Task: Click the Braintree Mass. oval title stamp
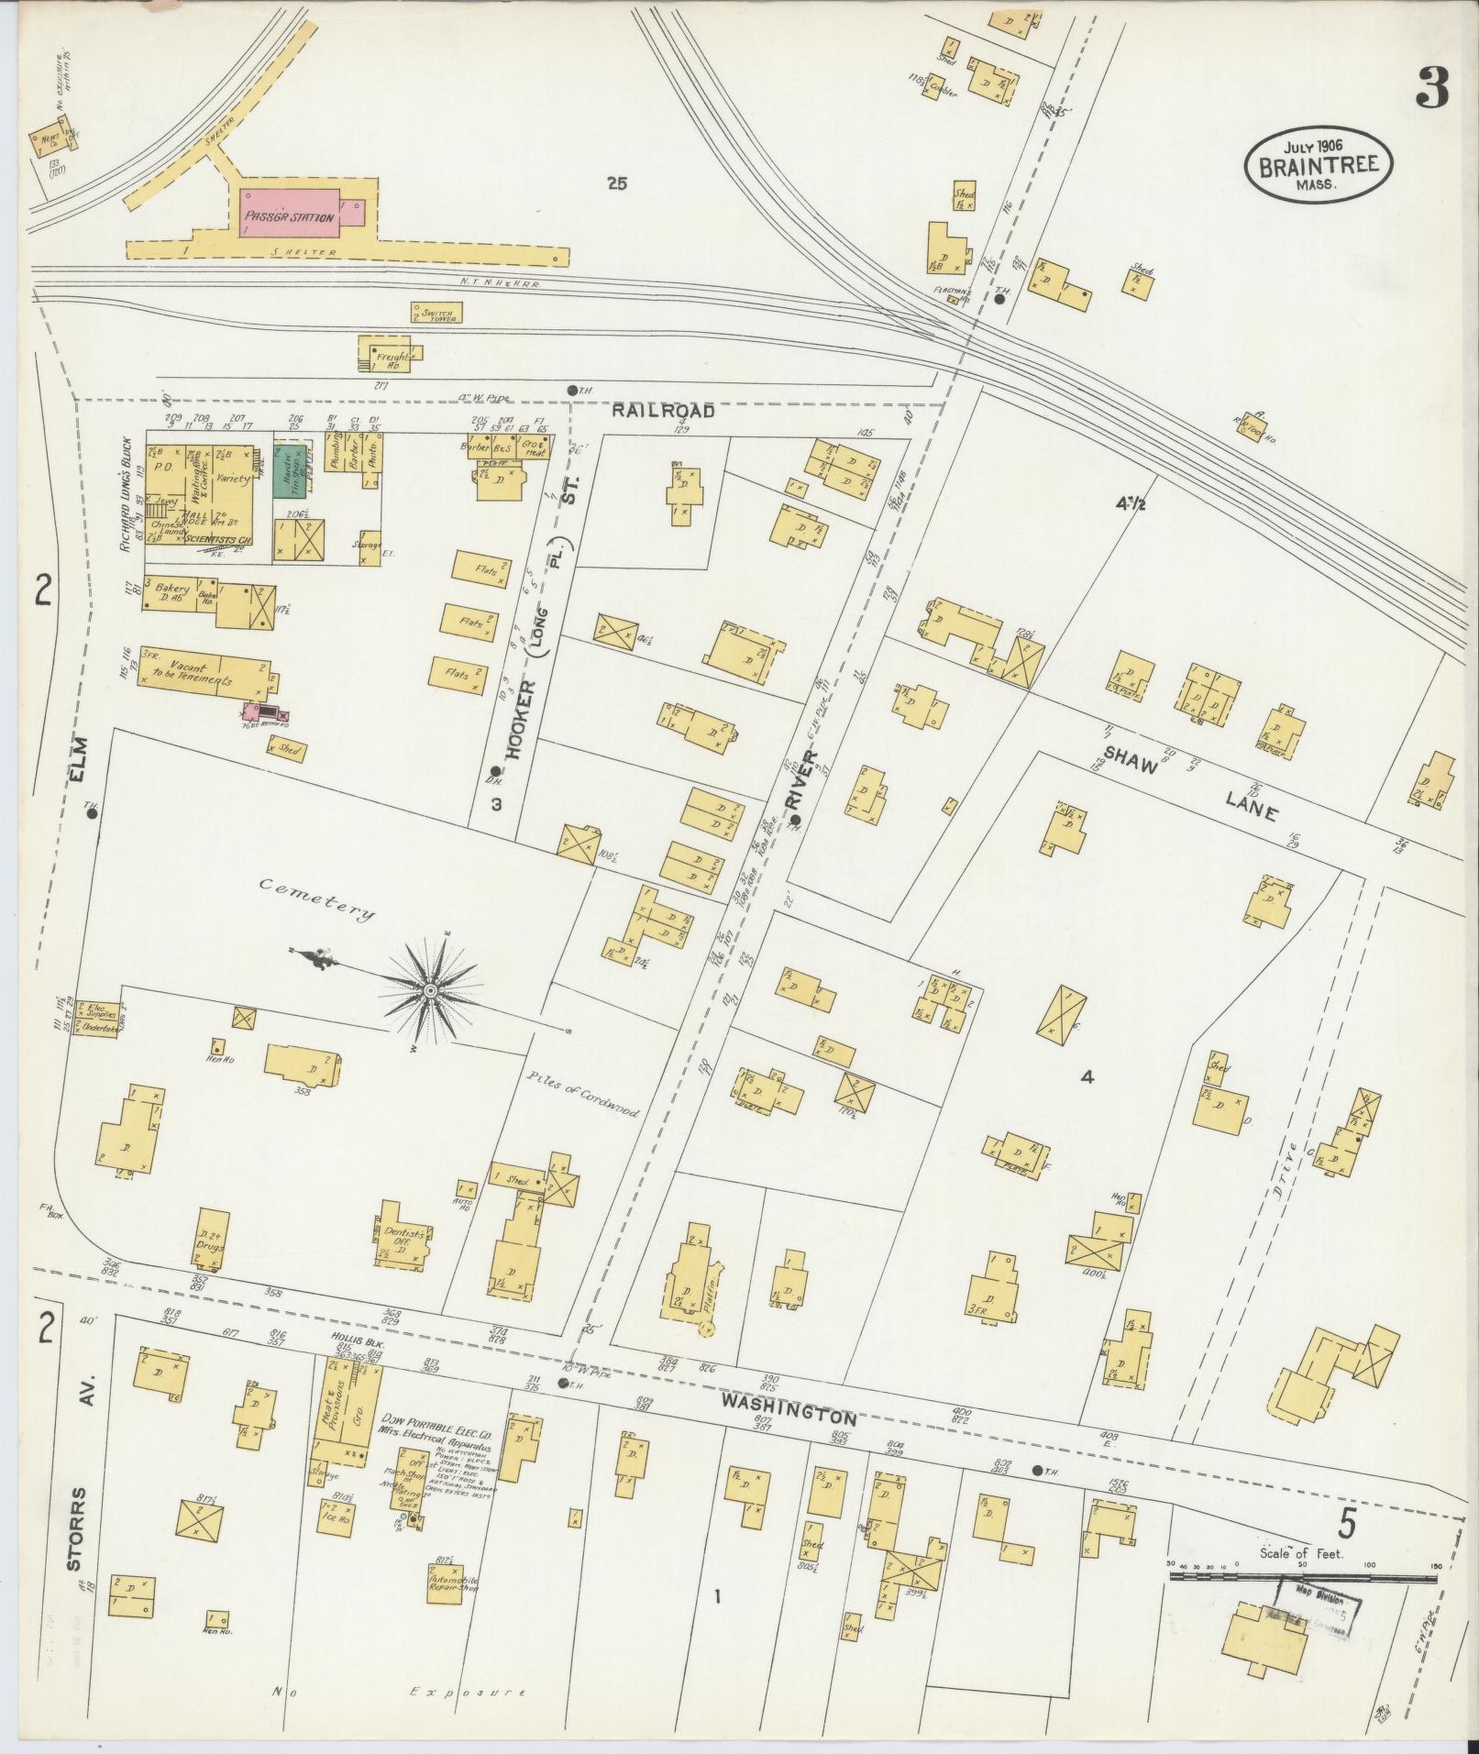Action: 1318,165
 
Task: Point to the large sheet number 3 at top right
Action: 1431,89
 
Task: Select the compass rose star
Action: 429,990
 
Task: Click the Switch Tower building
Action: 437,313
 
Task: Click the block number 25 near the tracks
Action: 616,183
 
